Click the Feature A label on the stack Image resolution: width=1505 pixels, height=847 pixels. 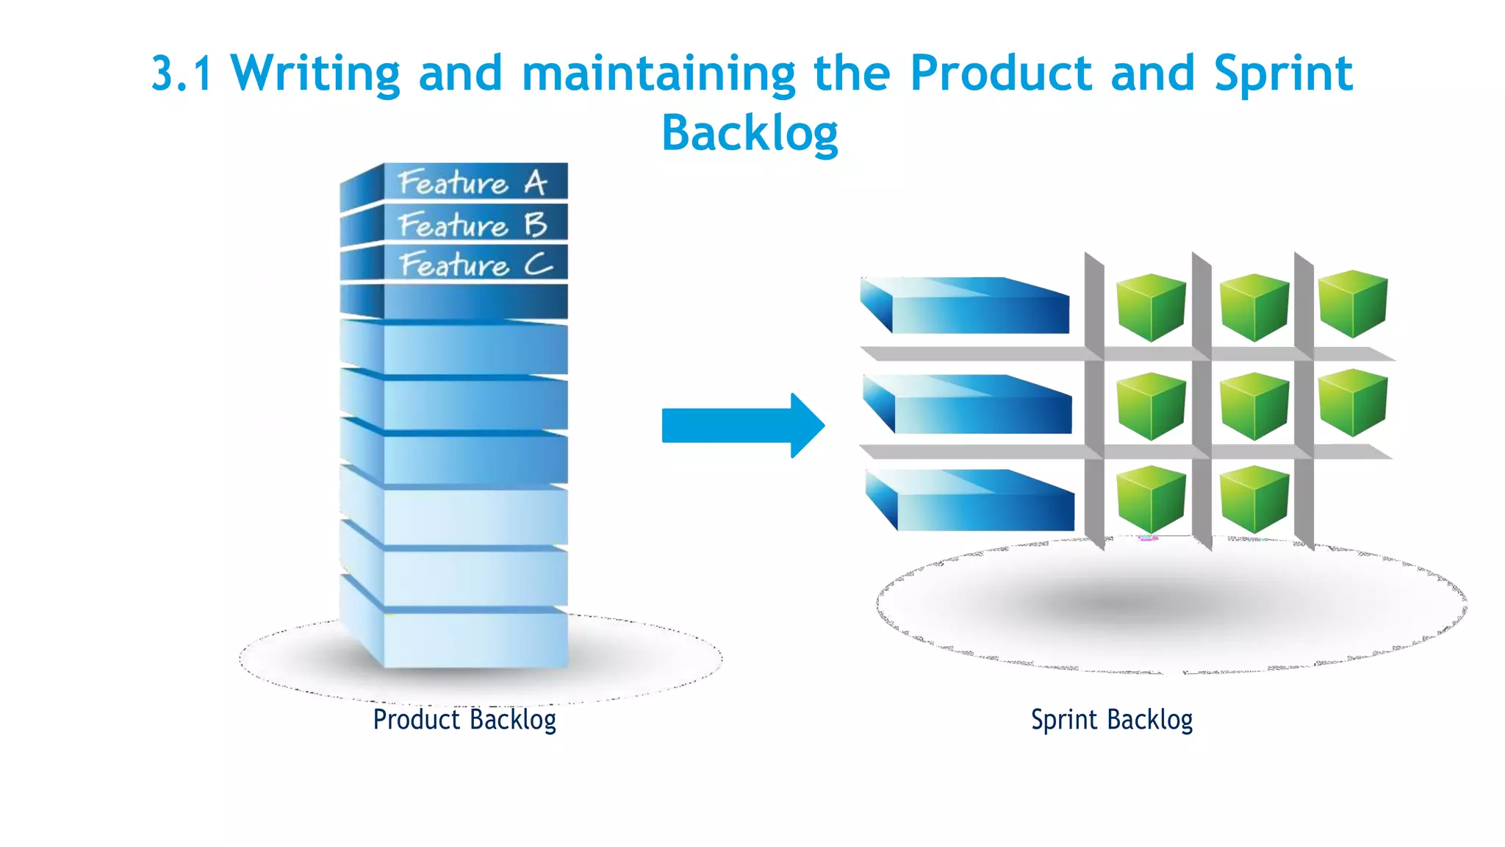[x=474, y=182]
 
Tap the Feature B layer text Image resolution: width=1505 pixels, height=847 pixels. [x=474, y=224]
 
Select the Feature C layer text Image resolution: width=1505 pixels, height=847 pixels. [x=476, y=265]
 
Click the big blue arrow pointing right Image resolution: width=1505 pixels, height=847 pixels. [x=742, y=425]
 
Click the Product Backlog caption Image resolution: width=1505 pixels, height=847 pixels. [x=464, y=719]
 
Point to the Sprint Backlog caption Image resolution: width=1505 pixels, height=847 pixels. [x=1111, y=719]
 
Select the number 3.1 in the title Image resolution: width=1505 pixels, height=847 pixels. [x=182, y=74]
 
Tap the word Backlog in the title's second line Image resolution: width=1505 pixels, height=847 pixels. [x=750, y=134]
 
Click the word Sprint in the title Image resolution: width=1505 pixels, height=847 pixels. [x=1282, y=74]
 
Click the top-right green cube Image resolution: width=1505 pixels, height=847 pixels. [x=1352, y=303]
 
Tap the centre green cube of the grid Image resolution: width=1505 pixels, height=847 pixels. [x=1254, y=406]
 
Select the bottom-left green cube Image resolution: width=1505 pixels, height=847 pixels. [x=1151, y=500]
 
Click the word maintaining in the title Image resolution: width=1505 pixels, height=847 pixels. [x=658, y=74]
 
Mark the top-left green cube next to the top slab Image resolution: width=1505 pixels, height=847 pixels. [x=1151, y=307]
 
